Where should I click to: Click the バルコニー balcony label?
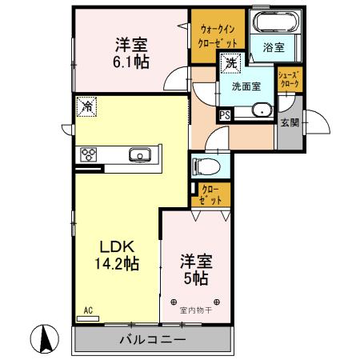click(x=154, y=339)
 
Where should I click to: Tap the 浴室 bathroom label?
click(x=273, y=47)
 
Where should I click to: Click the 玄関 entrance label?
click(x=290, y=122)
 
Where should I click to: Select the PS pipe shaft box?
click(x=225, y=115)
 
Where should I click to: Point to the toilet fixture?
click(x=210, y=167)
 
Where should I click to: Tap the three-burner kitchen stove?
click(x=87, y=154)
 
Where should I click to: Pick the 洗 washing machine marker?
click(x=230, y=62)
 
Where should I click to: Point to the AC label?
click(x=88, y=310)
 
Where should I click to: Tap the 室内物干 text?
click(x=195, y=309)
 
